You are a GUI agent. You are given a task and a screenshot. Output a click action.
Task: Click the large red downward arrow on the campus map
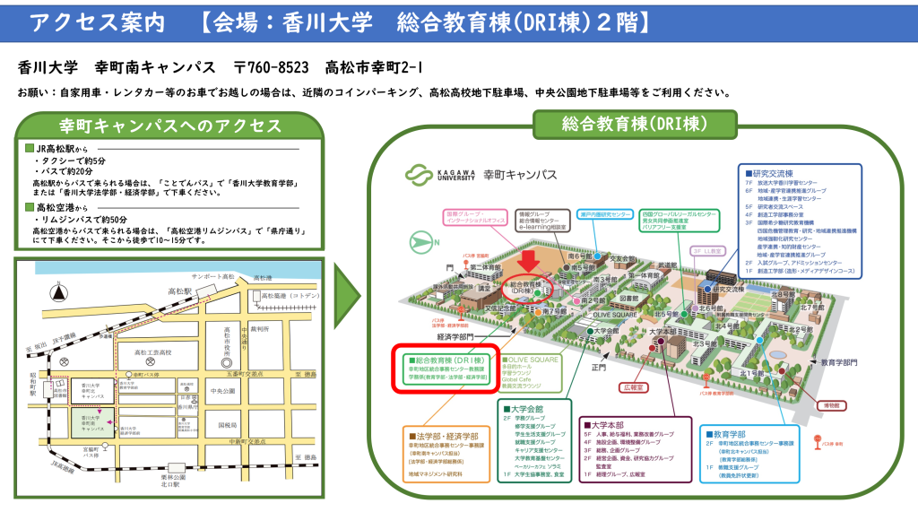[x=530, y=259]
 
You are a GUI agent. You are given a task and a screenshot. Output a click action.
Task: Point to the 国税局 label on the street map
[x=228, y=425]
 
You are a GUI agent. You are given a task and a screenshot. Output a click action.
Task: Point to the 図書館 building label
[x=628, y=297]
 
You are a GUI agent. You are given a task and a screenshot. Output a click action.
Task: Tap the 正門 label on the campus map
[x=599, y=367]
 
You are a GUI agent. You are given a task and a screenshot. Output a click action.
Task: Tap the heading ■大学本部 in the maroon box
[x=612, y=424]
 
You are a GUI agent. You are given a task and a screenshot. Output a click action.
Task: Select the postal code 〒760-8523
[x=271, y=68]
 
